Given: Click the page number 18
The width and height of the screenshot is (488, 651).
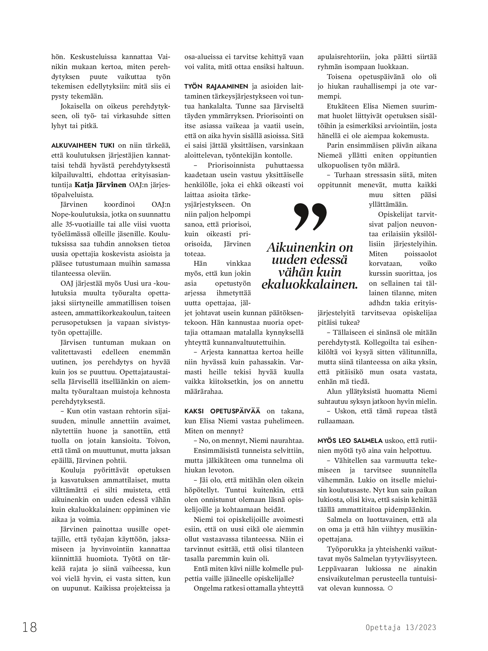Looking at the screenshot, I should (x=30, y=627).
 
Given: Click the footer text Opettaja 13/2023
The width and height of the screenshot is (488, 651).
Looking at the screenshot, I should (x=401, y=627).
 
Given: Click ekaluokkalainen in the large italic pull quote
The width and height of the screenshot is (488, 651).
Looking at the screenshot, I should (x=310, y=285).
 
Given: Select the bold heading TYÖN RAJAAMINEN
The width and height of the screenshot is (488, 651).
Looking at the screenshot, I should (x=216, y=87).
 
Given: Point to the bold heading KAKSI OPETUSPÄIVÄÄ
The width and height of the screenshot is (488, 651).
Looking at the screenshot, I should (x=222, y=411).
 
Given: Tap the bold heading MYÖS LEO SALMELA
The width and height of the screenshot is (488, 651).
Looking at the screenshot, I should (x=350, y=441).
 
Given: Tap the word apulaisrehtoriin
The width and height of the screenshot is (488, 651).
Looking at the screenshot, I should (x=344, y=57).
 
